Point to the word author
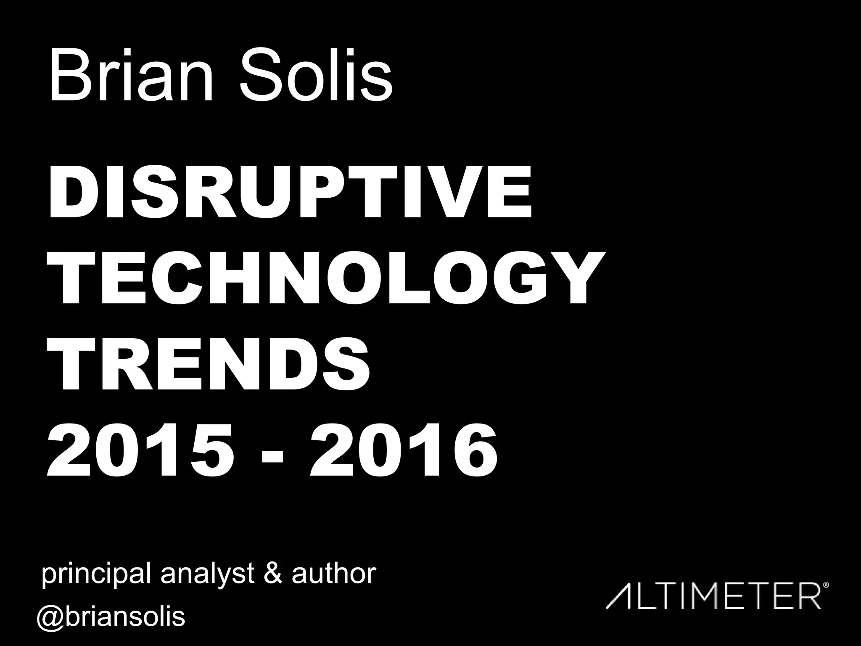(334, 573)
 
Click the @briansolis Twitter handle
(111, 617)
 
